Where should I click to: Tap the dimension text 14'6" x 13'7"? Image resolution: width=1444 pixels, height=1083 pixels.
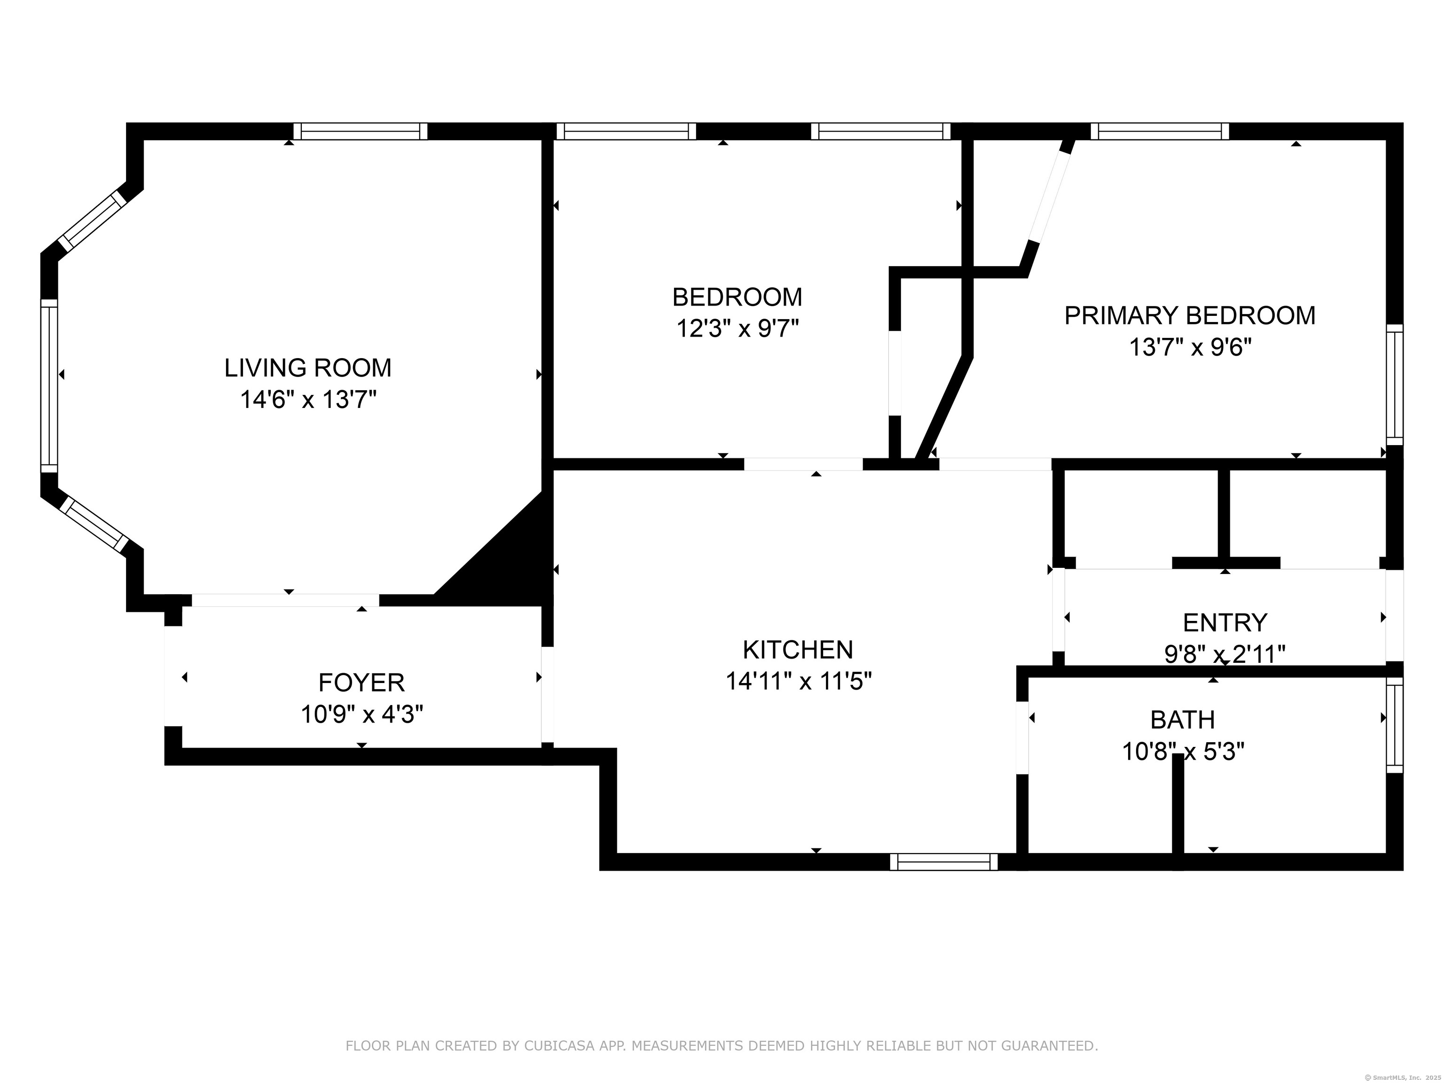[308, 400]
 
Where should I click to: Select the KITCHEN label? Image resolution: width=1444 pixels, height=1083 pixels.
[798, 650]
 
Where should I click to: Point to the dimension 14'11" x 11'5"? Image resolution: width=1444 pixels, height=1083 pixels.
[798, 682]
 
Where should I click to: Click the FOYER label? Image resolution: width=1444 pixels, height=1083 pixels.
[361, 683]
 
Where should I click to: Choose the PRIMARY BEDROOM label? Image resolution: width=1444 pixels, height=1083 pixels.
[1189, 316]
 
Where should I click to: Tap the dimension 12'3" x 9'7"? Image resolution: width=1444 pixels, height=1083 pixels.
[737, 329]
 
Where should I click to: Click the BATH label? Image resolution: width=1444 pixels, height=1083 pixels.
[1182, 720]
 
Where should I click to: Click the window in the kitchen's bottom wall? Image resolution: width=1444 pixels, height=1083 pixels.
[943, 863]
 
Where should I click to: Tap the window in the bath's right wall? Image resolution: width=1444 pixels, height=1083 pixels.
[1394, 725]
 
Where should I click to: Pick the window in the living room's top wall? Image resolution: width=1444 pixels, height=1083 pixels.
[361, 131]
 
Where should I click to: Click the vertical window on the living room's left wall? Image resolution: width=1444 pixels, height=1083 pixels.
[49, 385]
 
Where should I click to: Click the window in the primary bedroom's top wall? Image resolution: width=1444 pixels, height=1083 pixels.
[1159, 131]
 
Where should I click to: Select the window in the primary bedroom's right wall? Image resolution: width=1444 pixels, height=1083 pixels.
[1394, 385]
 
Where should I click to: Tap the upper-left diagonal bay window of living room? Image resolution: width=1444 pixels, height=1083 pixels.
[91, 220]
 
